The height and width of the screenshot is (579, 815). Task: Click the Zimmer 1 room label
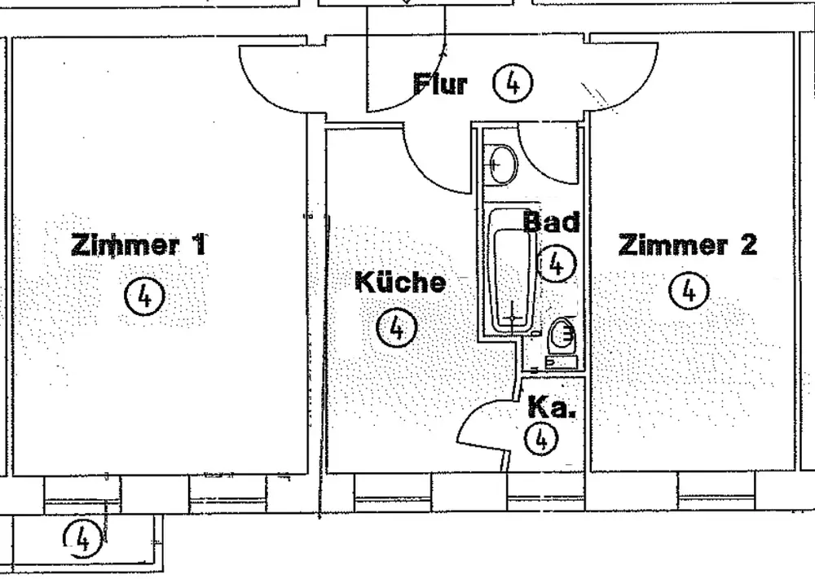(x=139, y=244)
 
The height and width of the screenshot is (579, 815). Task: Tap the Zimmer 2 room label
(x=688, y=243)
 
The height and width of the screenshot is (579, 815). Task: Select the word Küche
(x=400, y=282)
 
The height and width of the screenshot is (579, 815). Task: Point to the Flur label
(x=440, y=83)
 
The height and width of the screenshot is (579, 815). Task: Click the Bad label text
(x=551, y=222)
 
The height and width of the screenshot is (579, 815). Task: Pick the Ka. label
(x=552, y=407)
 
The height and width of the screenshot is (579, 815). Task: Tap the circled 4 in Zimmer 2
(x=689, y=290)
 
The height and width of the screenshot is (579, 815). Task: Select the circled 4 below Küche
(x=397, y=328)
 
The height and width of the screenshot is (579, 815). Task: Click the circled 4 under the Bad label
(x=557, y=263)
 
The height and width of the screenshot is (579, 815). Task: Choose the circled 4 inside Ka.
(x=542, y=440)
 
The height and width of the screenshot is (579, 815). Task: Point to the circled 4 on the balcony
(x=81, y=537)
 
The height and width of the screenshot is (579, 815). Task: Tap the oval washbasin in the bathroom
(x=501, y=164)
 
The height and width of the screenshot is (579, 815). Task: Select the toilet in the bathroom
(x=562, y=336)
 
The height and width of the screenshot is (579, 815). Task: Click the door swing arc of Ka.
(x=477, y=423)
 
